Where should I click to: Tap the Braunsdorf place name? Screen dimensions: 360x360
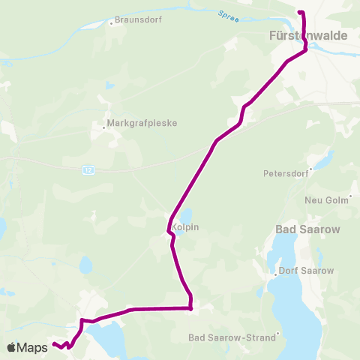pos(135,20)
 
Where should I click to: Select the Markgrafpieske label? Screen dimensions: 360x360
pos(141,123)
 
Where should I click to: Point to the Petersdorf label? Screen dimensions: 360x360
pos(286,173)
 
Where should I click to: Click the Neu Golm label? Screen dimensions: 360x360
pos(323,200)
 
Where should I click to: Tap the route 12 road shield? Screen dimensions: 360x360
pos(88,171)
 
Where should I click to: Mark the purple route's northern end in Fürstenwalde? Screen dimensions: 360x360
pos(300,13)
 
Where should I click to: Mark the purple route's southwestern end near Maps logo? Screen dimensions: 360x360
pos(54,344)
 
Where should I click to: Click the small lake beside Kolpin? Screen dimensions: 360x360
pos(185,214)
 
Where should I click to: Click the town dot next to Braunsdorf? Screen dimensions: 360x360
pos(111,22)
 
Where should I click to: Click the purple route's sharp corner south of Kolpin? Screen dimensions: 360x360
pos(190,307)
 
